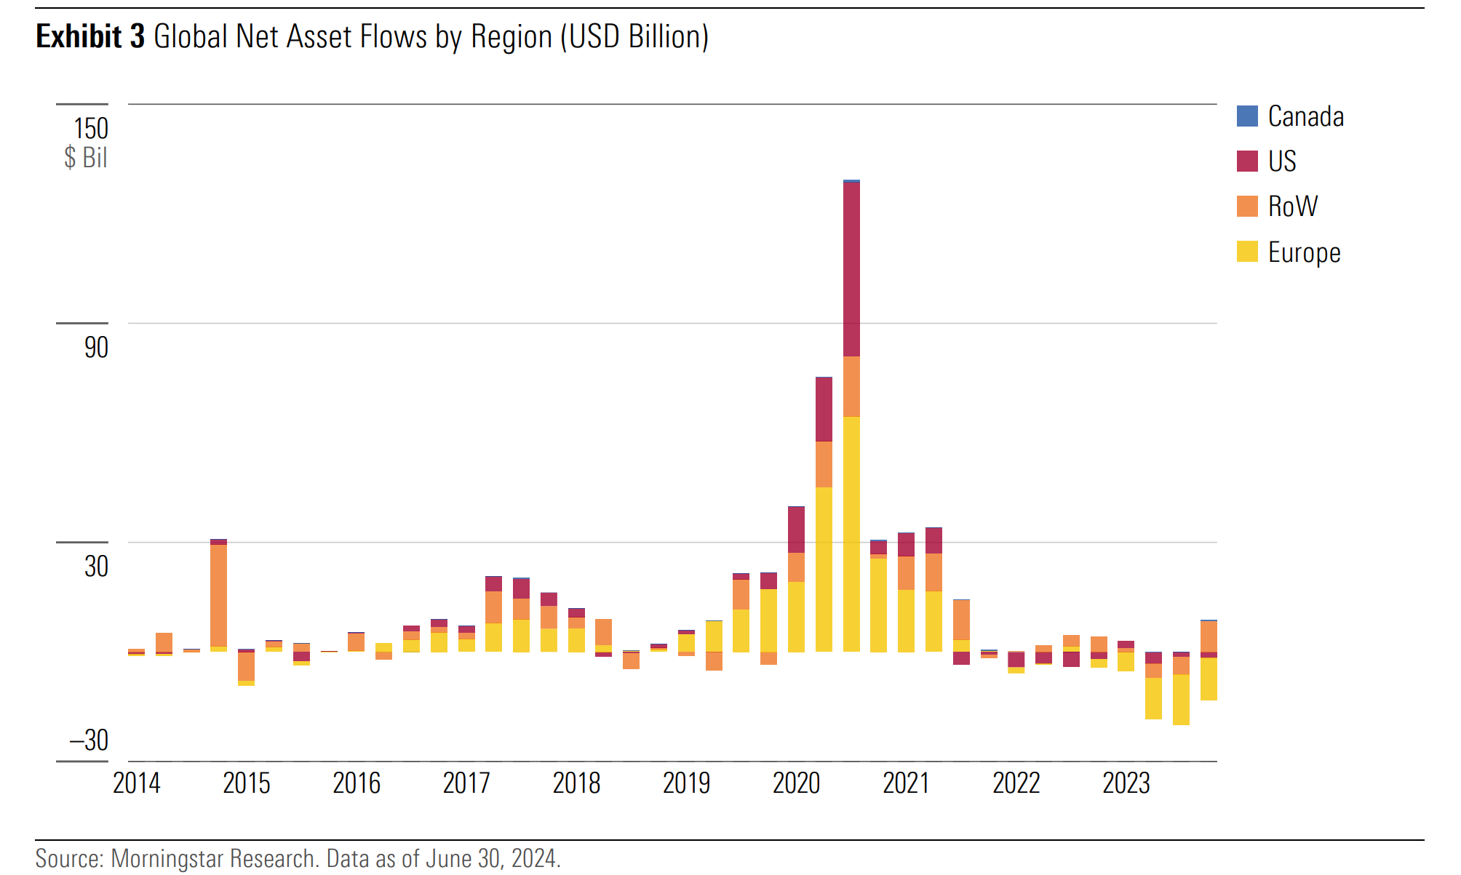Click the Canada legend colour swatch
(1247, 116)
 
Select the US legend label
(1282, 161)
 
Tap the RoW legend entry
(1292, 207)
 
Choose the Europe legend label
(1304, 252)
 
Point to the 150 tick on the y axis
(91, 129)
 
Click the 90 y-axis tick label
(96, 348)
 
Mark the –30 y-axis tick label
(89, 740)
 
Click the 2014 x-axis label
(137, 783)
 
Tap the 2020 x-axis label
(796, 783)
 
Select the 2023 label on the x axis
(1126, 783)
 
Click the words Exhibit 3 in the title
(90, 36)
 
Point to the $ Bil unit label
(86, 157)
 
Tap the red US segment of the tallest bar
(851, 269)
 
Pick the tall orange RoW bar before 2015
(218, 595)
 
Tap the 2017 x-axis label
(466, 783)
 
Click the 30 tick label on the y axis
(96, 566)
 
